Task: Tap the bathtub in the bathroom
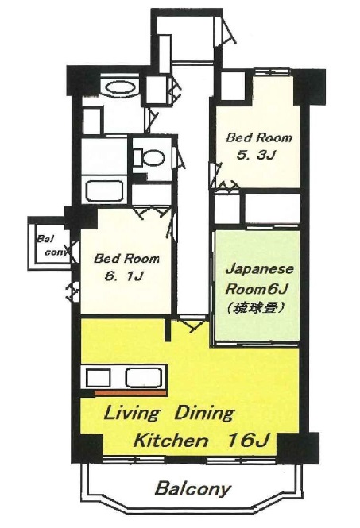pos(105,191)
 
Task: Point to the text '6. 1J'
pos(125,276)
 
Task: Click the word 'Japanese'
pos(260,269)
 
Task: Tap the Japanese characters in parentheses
pos(255,306)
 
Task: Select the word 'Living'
pos(131,414)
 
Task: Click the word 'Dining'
pos(203,414)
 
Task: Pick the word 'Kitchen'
pos(171,441)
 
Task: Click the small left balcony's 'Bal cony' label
pos(52,246)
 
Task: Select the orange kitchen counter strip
pos(130,393)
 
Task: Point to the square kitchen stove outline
pos(99,378)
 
